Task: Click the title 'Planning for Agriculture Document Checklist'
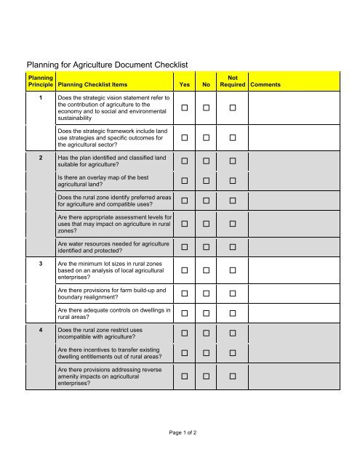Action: (x=108, y=65)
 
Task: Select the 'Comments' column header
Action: (x=267, y=85)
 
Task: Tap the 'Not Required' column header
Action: (x=232, y=81)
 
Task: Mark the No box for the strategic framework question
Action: (x=207, y=137)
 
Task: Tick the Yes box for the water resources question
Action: (x=185, y=248)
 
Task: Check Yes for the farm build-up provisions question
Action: (x=185, y=295)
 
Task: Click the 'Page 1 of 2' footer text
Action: (x=180, y=432)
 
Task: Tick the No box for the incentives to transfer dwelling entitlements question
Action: (x=207, y=352)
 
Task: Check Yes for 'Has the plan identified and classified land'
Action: (x=185, y=161)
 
